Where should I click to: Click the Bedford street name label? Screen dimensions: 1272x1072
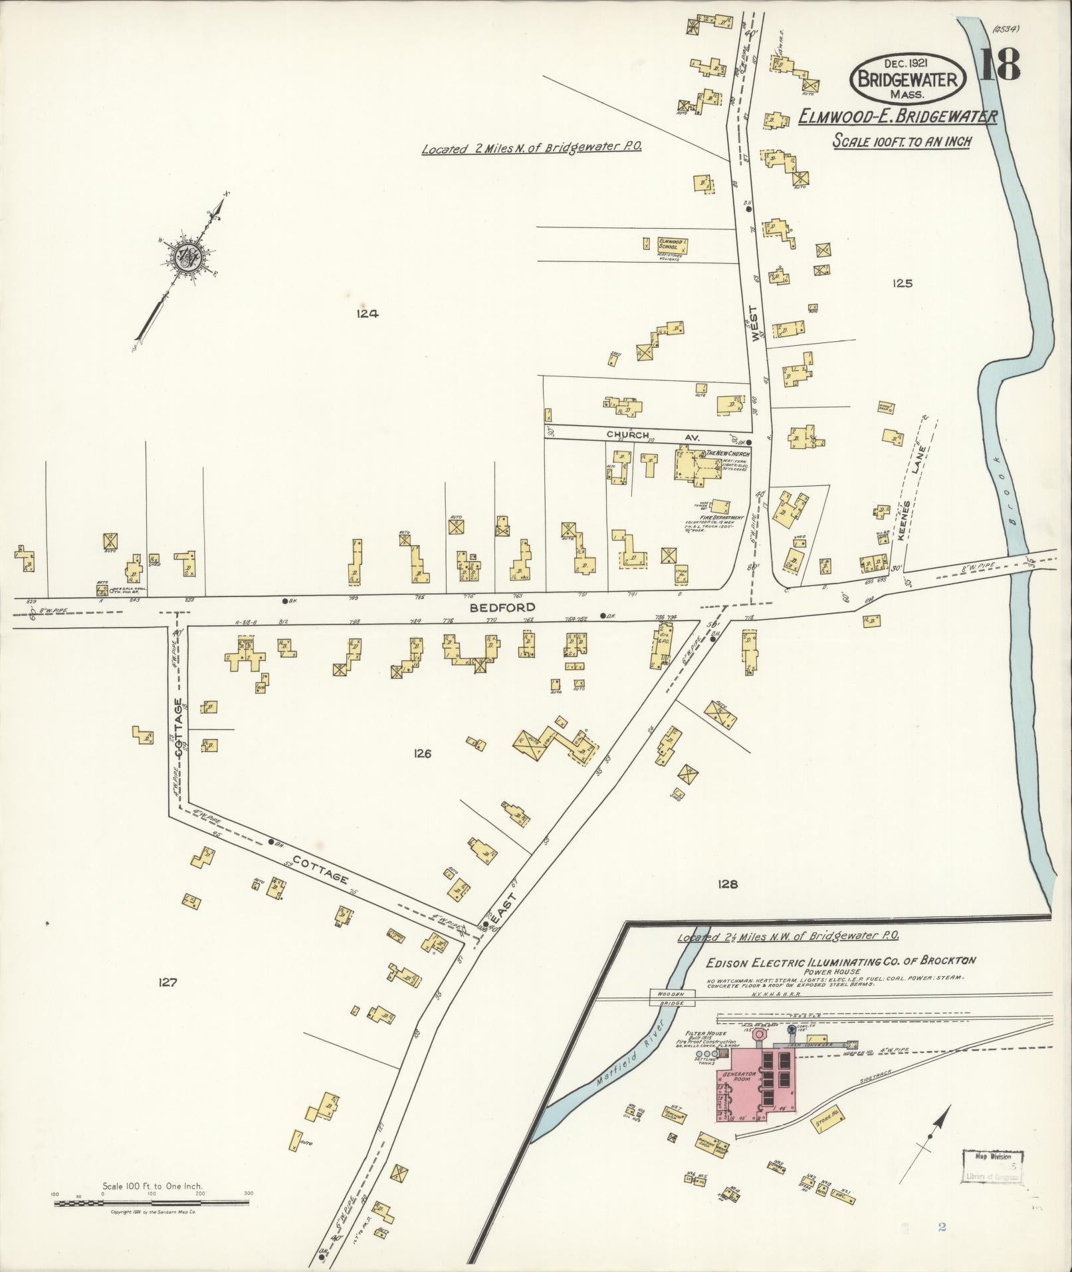492,607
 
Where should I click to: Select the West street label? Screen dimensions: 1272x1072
753,324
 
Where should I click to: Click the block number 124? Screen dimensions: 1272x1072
367,314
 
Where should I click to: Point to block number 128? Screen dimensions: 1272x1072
728,884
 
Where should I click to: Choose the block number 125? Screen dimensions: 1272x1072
903,283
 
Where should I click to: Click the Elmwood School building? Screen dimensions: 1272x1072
673,247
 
